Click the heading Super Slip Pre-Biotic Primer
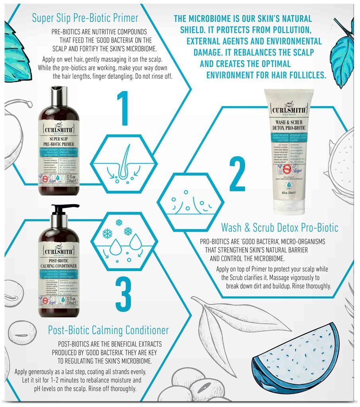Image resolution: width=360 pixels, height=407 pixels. point(85,18)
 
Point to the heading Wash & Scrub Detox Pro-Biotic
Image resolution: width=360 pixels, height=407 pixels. point(280,228)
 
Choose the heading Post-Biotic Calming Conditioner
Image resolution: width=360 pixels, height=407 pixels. point(108,330)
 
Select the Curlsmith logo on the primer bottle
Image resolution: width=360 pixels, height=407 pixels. point(59,131)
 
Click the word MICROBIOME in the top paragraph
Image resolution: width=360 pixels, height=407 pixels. point(210,19)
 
